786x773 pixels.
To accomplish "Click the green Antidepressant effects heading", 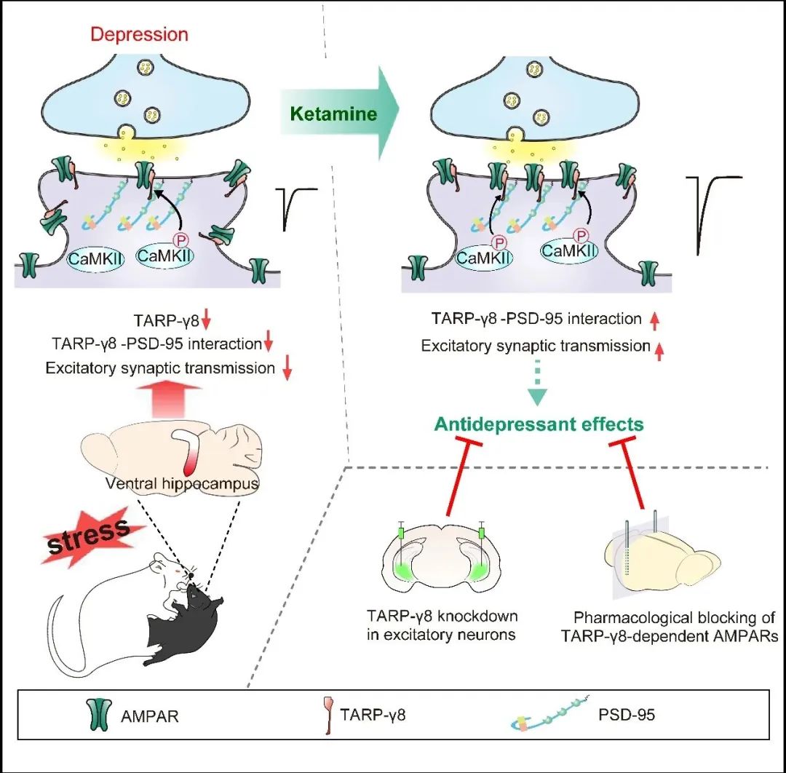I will pos(539,424).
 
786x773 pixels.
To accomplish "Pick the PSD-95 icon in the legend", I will pos(542,715).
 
